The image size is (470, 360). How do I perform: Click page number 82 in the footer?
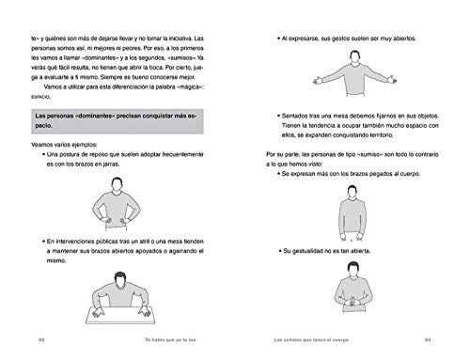(x=40, y=338)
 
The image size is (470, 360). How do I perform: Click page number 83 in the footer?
(x=429, y=338)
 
